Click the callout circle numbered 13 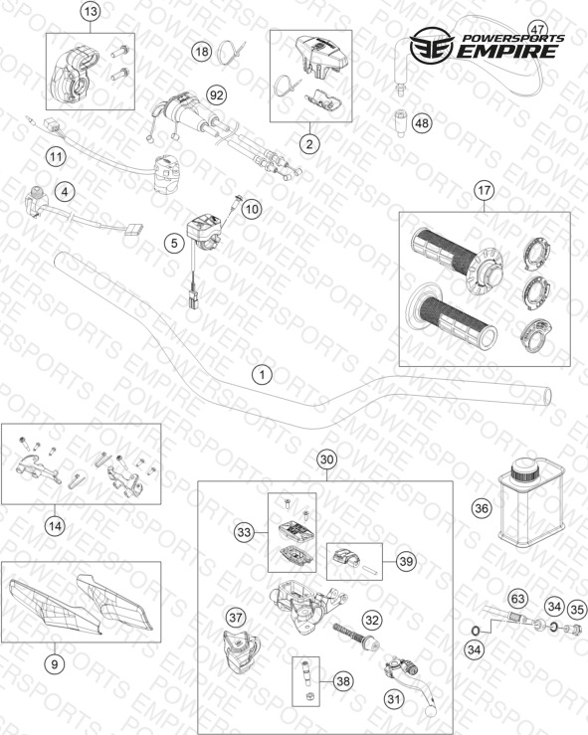[90, 11]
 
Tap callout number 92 [216, 95]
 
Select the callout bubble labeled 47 [537, 29]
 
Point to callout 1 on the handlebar [262, 375]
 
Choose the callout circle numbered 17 [484, 190]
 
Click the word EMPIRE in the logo [507, 51]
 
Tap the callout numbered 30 [326, 459]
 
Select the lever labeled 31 [409, 677]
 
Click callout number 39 [406, 561]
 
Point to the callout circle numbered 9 [55, 663]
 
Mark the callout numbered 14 [55, 526]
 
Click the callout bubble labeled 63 [517, 599]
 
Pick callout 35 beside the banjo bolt [577, 610]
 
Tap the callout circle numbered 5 [174, 243]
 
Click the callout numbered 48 [422, 123]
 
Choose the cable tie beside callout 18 [231, 51]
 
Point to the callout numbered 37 [236, 618]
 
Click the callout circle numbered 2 [309, 143]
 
